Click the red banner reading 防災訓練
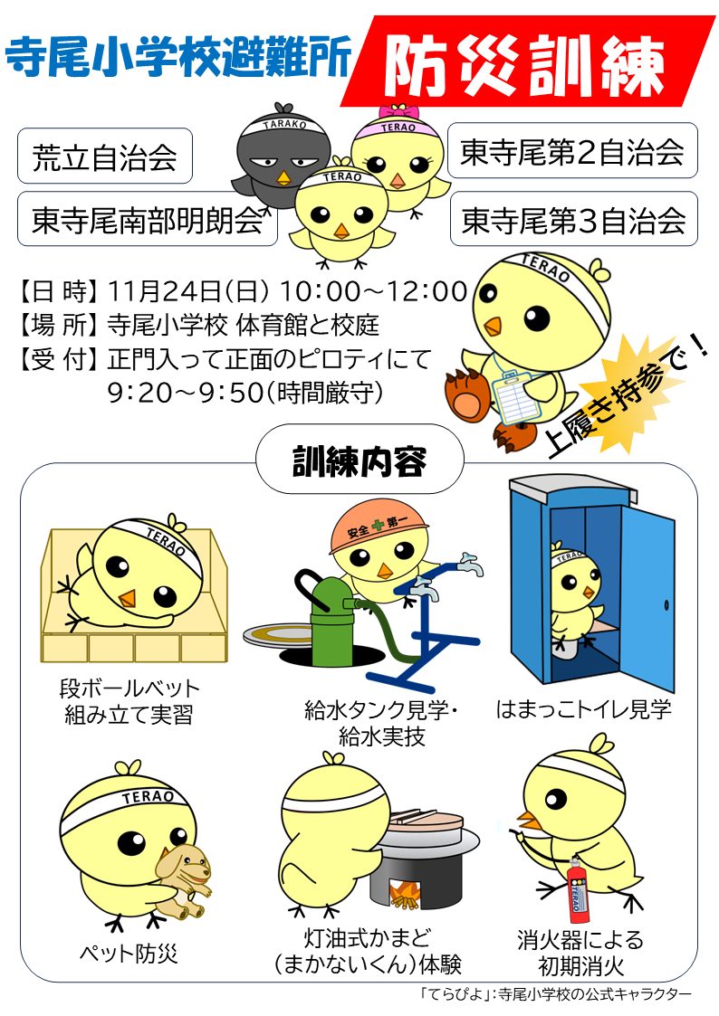526,62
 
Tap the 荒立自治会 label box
105,157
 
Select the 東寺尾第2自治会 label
572,150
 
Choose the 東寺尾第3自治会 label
574,219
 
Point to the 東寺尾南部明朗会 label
148,219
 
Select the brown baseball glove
466,393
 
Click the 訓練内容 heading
359,460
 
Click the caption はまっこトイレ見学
583,709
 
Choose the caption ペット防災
129,953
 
